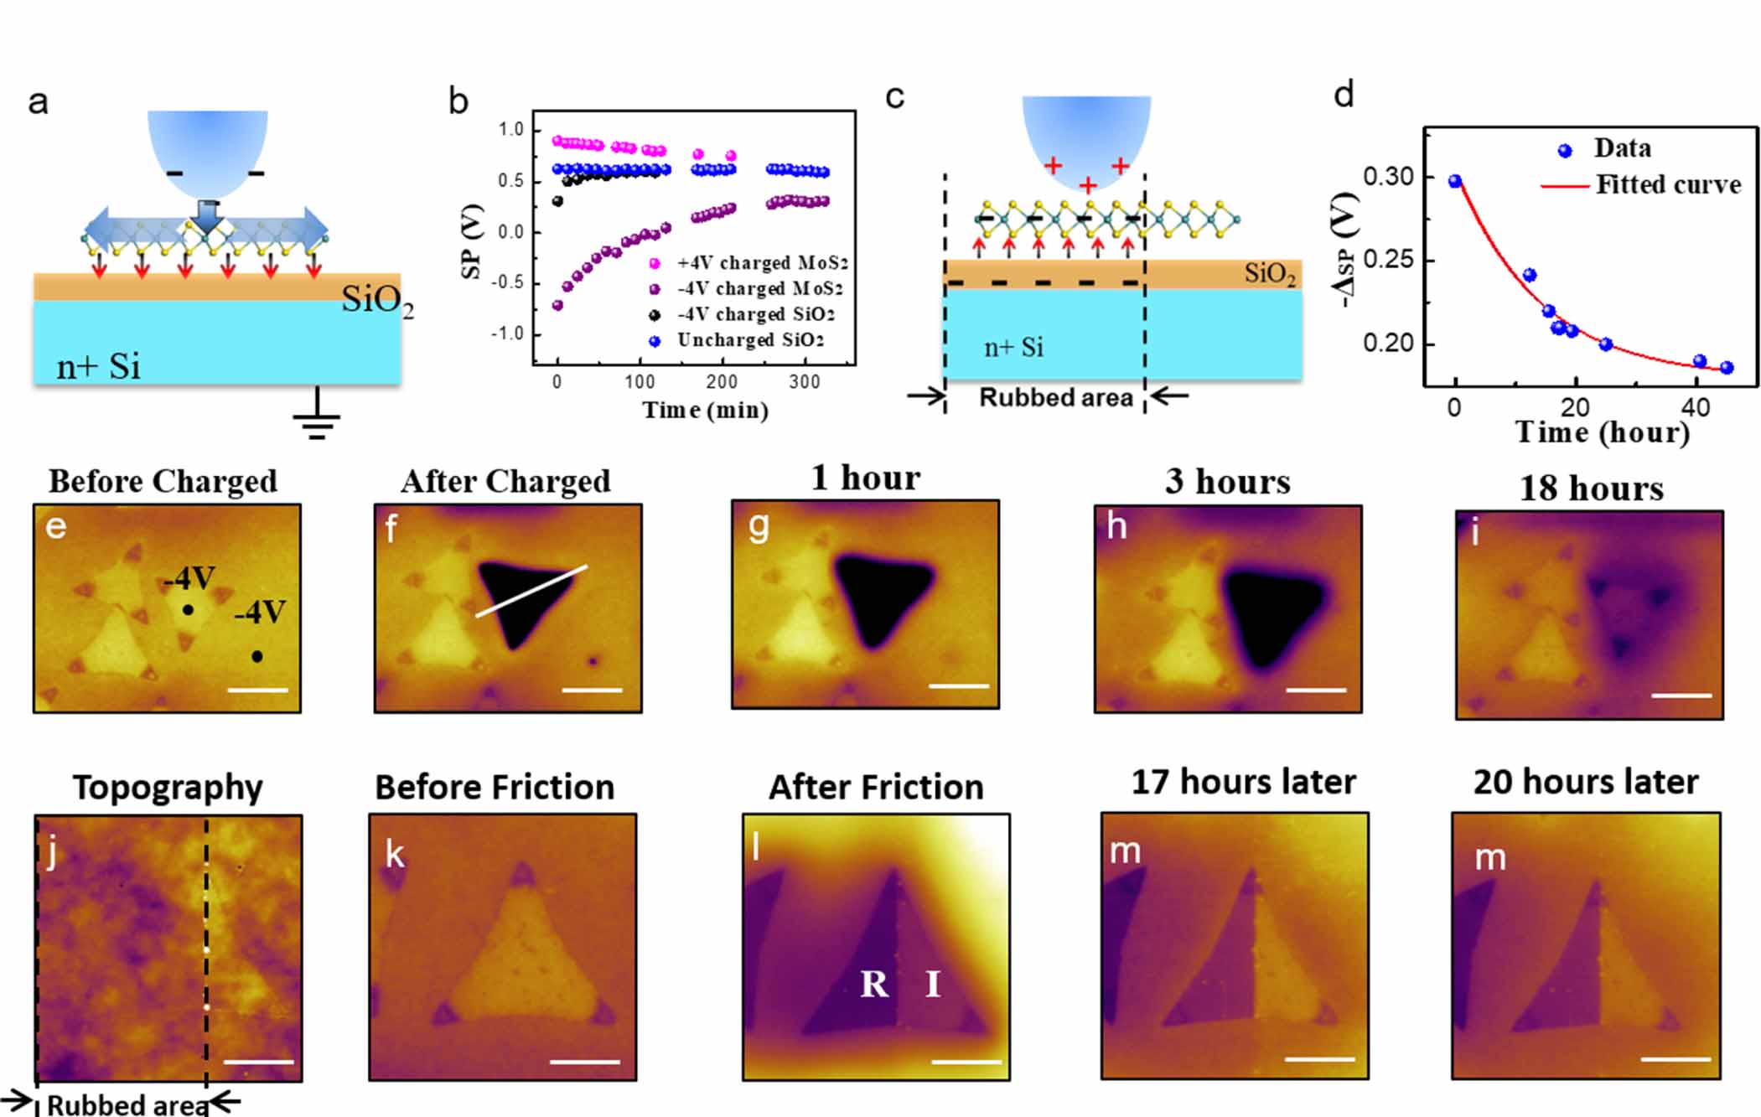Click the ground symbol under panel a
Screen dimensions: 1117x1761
(x=316, y=424)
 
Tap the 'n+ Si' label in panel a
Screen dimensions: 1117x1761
(x=98, y=367)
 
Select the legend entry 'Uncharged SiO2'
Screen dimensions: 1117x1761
(x=749, y=340)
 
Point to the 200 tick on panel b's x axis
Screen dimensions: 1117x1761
(x=721, y=382)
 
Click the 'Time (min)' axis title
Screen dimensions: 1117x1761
(x=705, y=410)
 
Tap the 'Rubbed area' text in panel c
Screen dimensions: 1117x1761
(x=1055, y=397)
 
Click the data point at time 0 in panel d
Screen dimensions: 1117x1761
(x=1455, y=181)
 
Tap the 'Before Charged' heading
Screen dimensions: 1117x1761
(x=163, y=481)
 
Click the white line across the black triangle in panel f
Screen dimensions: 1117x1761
(x=531, y=592)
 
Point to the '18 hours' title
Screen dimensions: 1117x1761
(x=1591, y=488)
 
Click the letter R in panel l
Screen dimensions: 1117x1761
(x=874, y=984)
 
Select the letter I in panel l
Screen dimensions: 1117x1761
(x=933, y=984)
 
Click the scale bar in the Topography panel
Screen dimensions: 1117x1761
(x=259, y=1062)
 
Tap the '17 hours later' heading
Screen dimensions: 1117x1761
(x=1243, y=782)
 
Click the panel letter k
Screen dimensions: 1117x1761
(x=395, y=855)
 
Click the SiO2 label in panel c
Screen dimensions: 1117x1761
(x=1269, y=274)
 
